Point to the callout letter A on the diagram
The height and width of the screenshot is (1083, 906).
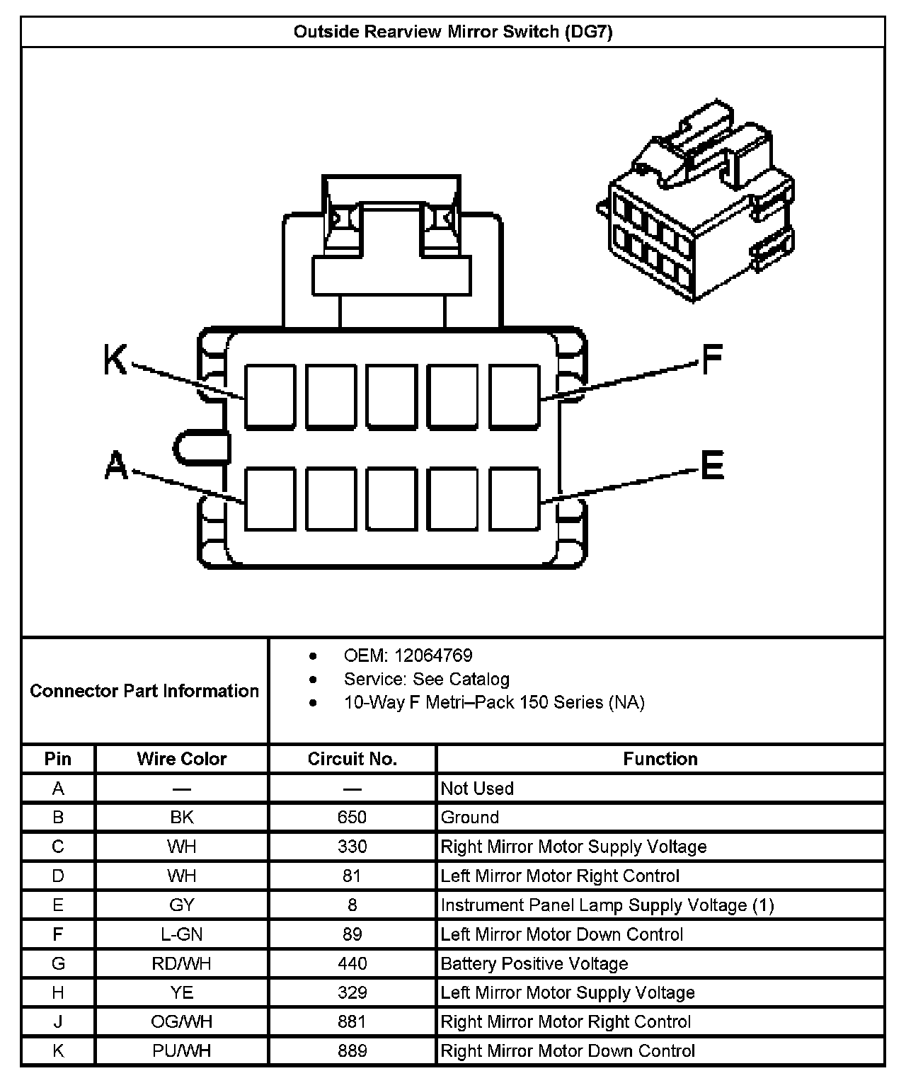[x=116, y=466]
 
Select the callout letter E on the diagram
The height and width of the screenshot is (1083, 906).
[x=712, y=466]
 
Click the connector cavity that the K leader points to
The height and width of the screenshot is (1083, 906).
[x=270, y=396]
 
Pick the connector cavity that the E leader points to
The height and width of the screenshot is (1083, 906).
[x=515, y=498]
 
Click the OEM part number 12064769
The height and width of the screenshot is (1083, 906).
[x=433, y=655]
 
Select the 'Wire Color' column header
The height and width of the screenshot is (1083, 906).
[x=182, y=759]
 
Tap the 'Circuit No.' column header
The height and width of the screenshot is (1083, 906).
[x=352, y=759]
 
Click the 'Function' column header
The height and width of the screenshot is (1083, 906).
[x=660, y=759]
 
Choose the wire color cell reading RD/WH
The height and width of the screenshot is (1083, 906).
[x=182, y=963]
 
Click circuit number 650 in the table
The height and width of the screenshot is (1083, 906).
[x=352, y=818]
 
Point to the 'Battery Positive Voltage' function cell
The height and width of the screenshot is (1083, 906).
[x=534, y=963]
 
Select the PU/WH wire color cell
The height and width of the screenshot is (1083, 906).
[x=182, y=1051]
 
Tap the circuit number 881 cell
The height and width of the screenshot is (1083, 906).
[x=352, y=1021]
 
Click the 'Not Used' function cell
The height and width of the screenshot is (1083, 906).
[x=477, y=789]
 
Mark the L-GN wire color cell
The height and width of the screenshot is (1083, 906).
[x=182, y=934]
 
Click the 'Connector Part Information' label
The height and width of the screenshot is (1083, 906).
[x=144, y=691]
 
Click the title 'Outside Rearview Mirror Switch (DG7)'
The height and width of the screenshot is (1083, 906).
[x=453, y=32]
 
